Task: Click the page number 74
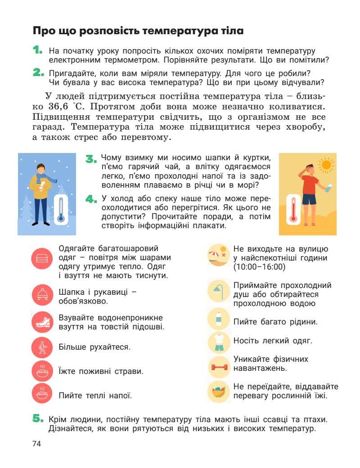point(36,444)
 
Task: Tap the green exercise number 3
point(91,159)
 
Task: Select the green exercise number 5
point(38,419)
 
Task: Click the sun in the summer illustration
point(326,165)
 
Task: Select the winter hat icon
point(42,295)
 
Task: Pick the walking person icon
point(42,347)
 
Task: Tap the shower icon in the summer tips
point(219,291)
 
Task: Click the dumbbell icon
point(219,367)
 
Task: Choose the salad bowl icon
point(219,391)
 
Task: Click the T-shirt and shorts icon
point(219,342)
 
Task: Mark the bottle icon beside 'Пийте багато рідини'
point(219,319)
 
